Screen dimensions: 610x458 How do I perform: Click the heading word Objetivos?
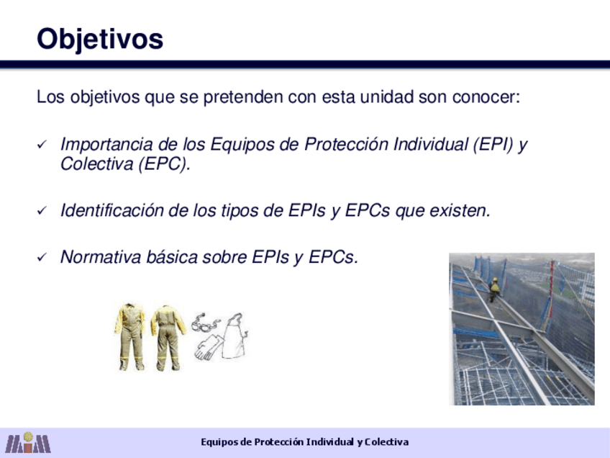(100, 40)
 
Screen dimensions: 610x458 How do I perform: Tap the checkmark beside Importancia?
(42, 145)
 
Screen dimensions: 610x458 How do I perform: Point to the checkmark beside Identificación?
(42, 211)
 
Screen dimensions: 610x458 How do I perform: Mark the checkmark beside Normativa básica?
(42, 257)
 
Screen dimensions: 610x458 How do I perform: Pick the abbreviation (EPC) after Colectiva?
(164, 163)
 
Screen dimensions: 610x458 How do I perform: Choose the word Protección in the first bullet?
(346, 145)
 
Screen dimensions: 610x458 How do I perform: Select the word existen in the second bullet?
(460, 211)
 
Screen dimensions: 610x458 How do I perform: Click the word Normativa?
(101, 257)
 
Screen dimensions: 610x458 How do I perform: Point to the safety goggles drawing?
(205, 323)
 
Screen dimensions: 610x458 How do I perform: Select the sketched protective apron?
(235, 336)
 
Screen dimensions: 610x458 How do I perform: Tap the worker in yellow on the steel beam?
(494, 289)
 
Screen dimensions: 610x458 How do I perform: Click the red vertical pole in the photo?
(551, 289)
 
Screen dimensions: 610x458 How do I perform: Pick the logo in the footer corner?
(28, 442)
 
